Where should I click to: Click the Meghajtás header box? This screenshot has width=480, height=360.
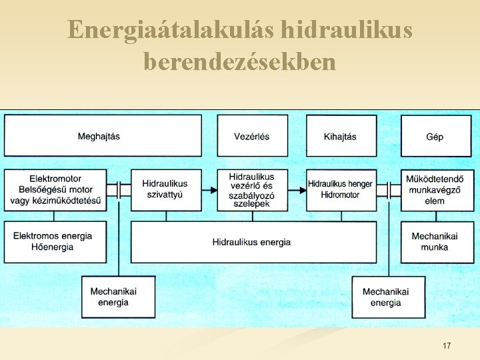click(x=103, y=136)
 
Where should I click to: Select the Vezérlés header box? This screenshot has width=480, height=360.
click(x=252, y=136)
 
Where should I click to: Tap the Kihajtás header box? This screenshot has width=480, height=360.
click(x=341, y=136)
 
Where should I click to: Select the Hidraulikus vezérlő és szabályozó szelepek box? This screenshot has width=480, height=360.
click(x=252, y=190)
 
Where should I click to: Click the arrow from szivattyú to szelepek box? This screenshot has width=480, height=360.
click(x=209, y=190)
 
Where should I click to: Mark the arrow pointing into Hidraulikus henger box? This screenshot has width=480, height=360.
click(x=297, y=190)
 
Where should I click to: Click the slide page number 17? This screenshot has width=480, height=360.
click(x=446, y=345)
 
